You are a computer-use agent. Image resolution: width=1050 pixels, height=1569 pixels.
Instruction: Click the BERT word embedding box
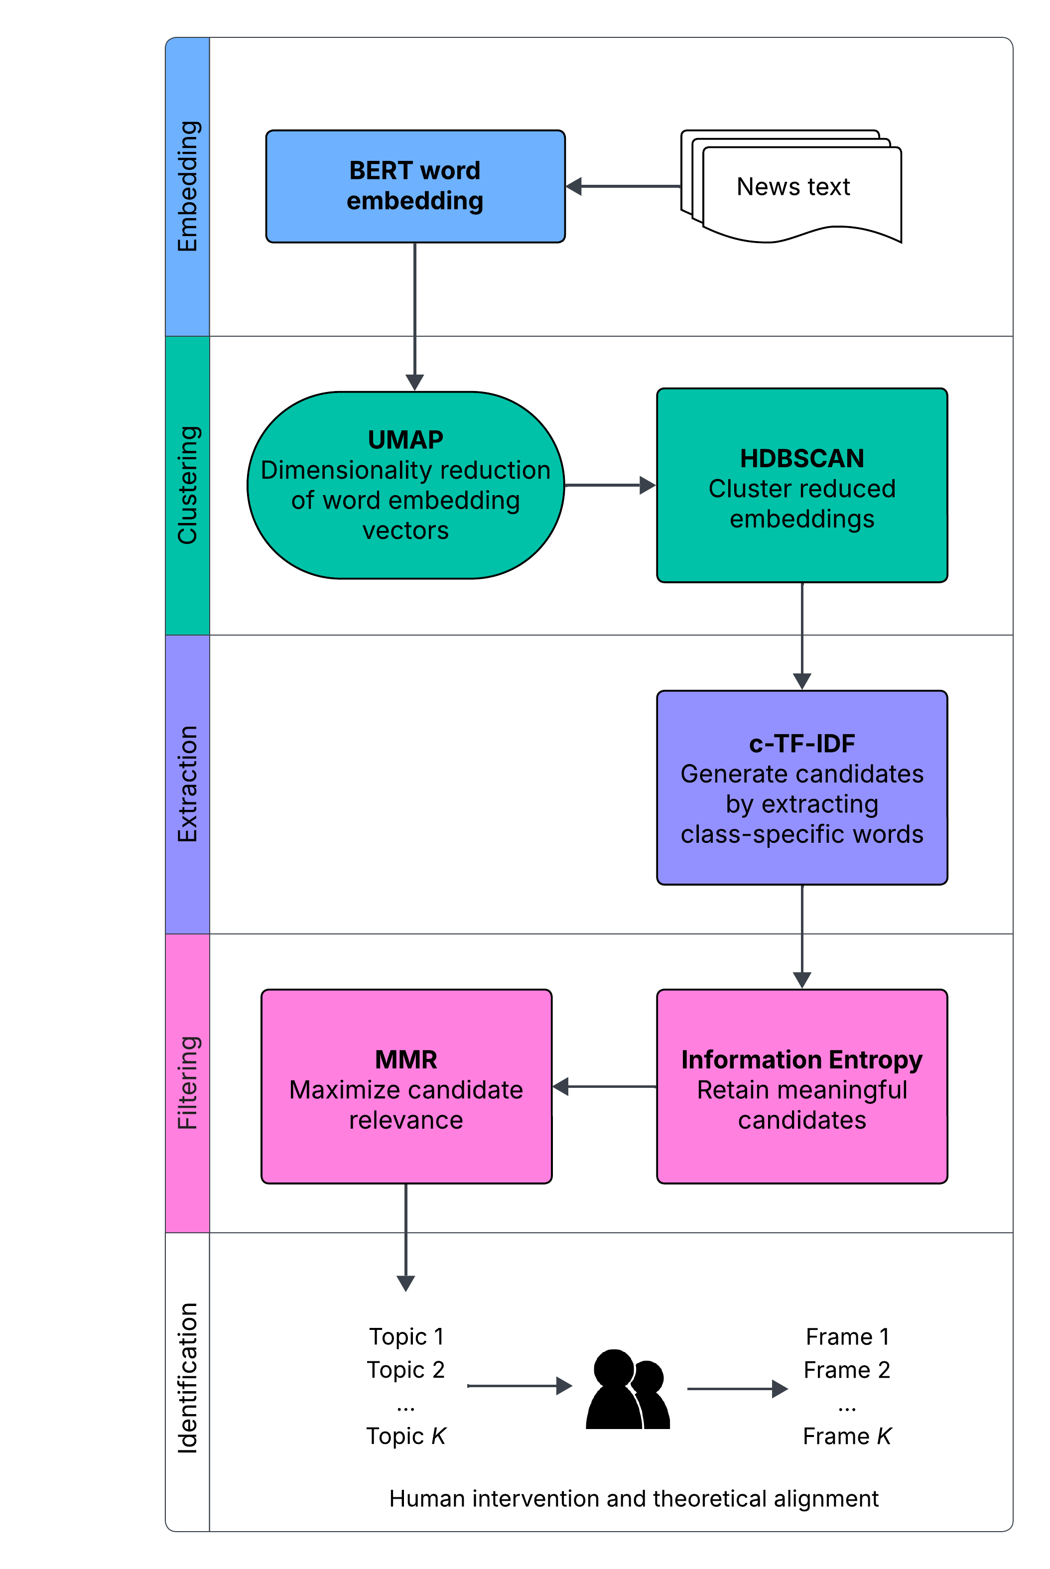coord(415,186)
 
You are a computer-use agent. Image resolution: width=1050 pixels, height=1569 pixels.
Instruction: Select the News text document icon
coord(793,187)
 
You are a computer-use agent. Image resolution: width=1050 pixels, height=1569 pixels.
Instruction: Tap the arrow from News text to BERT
coord(623,186)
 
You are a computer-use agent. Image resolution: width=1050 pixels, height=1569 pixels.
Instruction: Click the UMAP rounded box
coord(406,485)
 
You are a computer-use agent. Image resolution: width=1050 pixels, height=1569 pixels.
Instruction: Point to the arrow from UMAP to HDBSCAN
coord(609,485)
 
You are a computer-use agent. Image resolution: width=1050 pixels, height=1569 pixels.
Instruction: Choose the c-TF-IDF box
coord(801,787)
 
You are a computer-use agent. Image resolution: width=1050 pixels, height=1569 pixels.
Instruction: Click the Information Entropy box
coord(801,1086)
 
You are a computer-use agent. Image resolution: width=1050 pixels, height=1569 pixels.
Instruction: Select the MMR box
coord(406,1086)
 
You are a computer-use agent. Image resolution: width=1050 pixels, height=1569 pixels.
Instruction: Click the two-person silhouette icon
coord(628,1390)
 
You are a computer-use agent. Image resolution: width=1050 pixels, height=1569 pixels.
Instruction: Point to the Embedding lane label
coord(187,186)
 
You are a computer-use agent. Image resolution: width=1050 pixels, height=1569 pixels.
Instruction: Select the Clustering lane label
coord(187,485)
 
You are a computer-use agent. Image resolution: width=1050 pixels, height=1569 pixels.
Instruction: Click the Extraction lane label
coord(187,784)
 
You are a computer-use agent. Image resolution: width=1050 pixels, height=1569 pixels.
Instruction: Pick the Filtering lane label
coord(187,1083)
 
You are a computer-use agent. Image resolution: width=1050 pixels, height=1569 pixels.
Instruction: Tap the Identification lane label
coord(187,1378)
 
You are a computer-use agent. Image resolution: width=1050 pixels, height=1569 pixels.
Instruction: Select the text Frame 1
coord(847,1336)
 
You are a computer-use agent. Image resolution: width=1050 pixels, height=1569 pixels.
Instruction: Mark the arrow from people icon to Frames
coord(737,1389)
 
